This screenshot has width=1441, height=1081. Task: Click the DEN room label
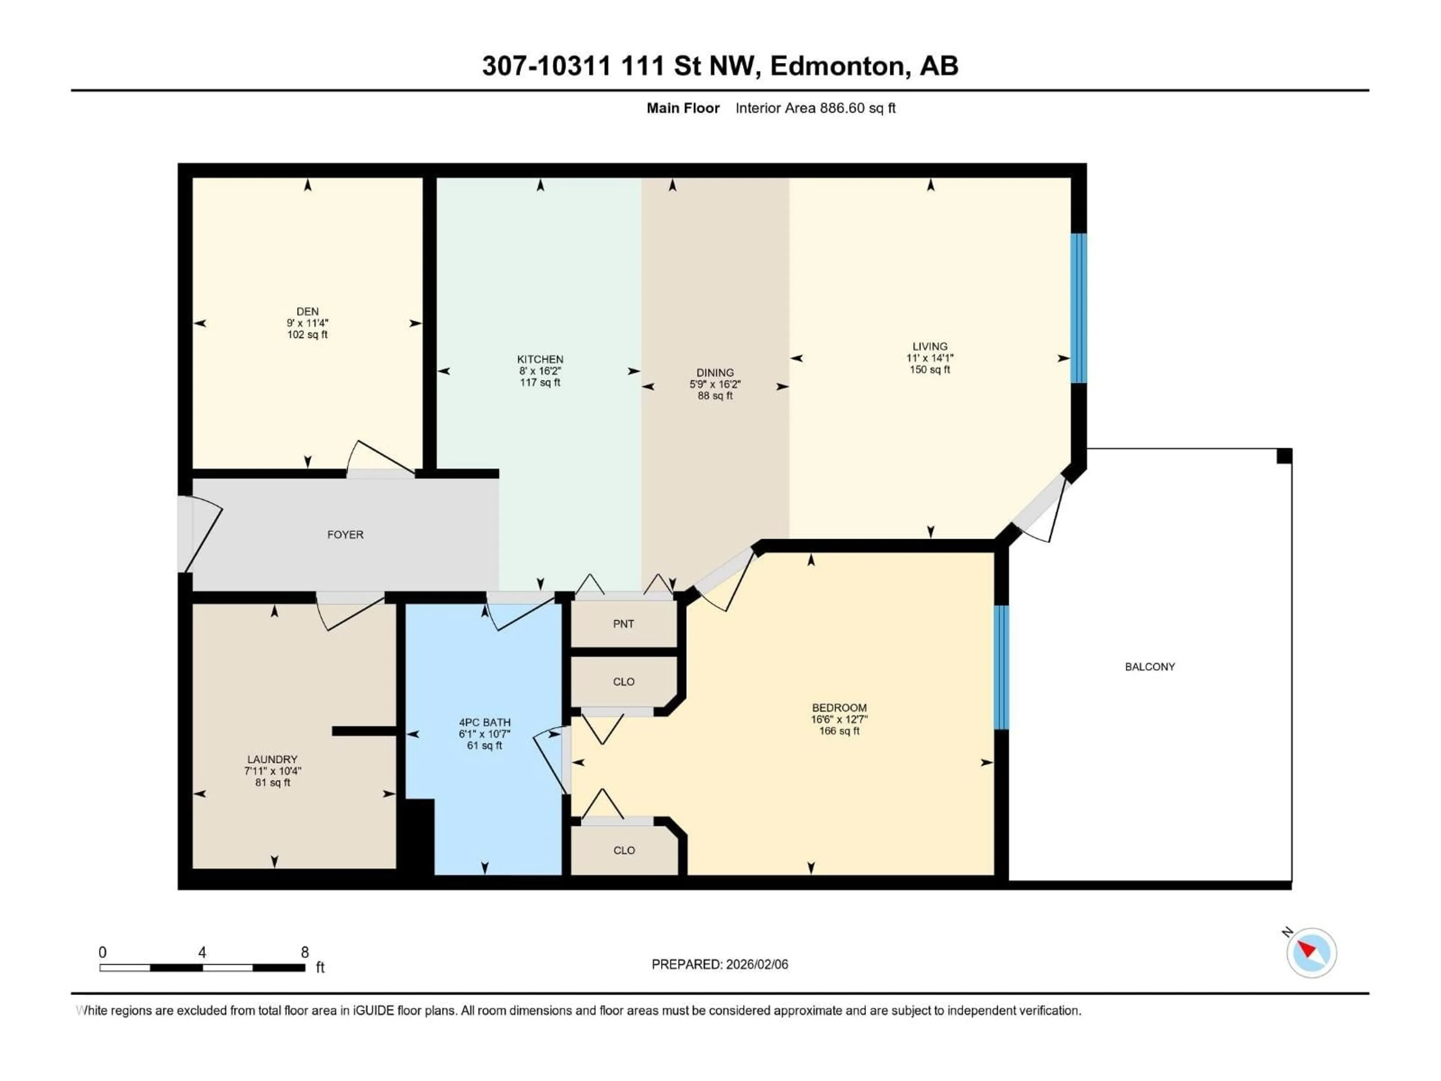pos(307,312)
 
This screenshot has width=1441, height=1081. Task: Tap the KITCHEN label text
pos(540,359)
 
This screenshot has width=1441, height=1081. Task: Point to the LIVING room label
pos(930,346)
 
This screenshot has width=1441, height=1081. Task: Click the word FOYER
pos(345,534)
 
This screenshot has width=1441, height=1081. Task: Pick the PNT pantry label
pos(623,623)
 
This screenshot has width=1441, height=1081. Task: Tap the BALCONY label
pos(1150,667)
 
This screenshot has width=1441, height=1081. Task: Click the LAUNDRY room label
pos(272,759)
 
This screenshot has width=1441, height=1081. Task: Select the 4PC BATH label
pos(485,722)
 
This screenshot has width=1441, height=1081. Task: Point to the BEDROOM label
pos(839,708)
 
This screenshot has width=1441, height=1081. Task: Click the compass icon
pos(1312,953)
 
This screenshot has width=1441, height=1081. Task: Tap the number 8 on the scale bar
pos(304,952)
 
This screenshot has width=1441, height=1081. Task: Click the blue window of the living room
pos(1079,307)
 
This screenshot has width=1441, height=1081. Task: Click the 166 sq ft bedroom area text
pos(839,731)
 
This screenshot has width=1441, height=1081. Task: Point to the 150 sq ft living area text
pos(930,369)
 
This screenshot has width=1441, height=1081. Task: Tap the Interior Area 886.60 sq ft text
pos(815,108)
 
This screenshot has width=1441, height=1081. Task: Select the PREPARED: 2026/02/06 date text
pos(720,964)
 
